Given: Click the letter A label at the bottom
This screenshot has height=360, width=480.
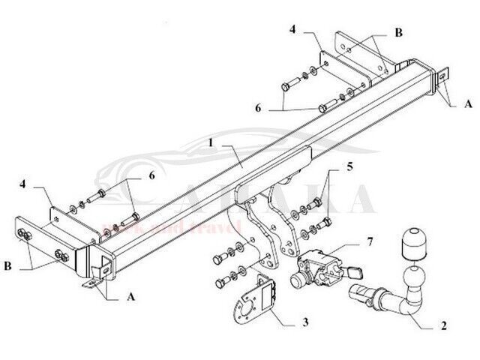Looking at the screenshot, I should coord(133,295).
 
